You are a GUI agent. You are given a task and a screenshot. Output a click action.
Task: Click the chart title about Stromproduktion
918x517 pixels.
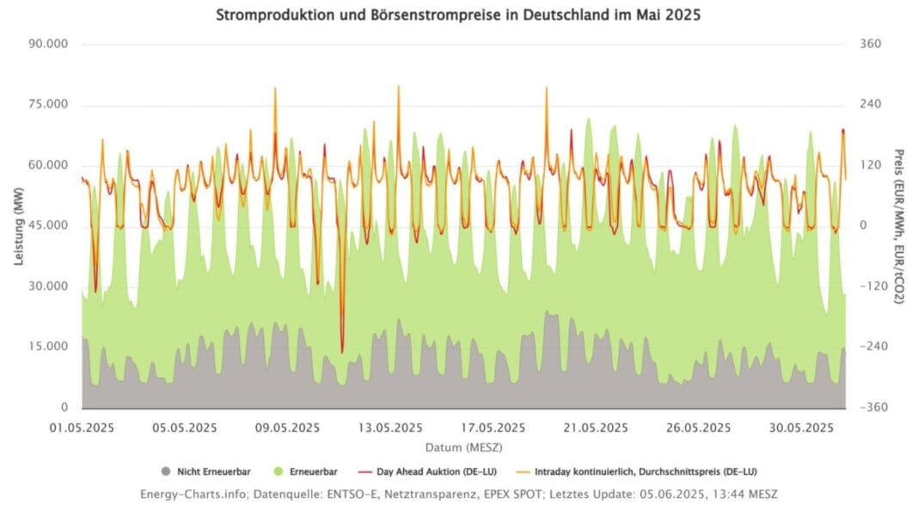coord(457,15)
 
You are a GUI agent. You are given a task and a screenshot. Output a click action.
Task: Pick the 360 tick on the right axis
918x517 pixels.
coord(870,45)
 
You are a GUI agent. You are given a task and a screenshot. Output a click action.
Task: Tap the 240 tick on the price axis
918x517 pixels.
coord(870,105)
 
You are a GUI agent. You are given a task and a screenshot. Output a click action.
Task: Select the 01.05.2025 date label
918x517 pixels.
coord(83,428)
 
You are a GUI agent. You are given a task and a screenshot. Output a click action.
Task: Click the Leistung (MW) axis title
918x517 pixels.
coord(19,227)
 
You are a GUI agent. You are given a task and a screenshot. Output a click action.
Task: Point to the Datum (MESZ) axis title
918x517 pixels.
coord(463,448)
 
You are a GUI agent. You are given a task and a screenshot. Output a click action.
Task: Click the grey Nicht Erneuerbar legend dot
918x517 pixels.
coord(165,471)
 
